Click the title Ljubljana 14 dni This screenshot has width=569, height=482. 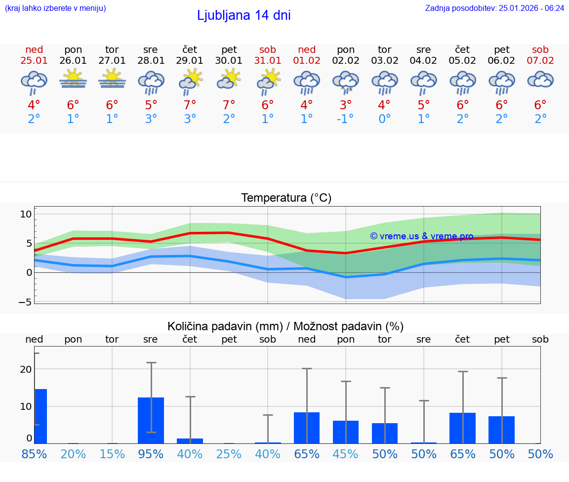click(x=244, y=15)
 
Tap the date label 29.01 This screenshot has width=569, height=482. click(x=190, y=60)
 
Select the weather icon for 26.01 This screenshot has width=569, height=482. click(x=73, y=79)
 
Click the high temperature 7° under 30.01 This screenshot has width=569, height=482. click(x=229, y=105)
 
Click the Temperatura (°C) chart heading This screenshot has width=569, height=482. click(x=286, y=198)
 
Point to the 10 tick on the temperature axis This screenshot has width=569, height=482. click(x=26, y=214)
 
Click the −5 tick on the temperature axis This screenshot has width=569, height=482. click(x=25, y=302)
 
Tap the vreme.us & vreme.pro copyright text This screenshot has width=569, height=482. click(x=421, y=236)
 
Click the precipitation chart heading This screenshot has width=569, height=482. click(x=285, y=326)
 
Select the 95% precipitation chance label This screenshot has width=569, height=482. click(x=151, y=454)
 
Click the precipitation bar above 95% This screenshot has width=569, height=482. click(x=151, y=420)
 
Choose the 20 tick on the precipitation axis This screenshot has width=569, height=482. click(x=26, y=369)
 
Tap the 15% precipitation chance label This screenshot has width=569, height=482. click(x=112, y=454)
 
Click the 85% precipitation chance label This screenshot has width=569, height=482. click(x=34, y=454)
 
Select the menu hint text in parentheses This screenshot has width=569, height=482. click(x=55, y=8)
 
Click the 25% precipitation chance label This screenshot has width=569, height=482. click(x=229, y=454)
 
